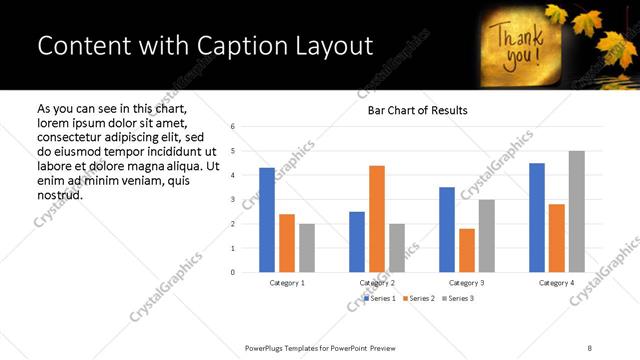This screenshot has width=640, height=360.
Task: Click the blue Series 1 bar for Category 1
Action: (267, 220)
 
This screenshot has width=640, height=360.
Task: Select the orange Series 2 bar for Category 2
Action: (377, 219)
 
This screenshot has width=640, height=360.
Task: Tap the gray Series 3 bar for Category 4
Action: (576, 212)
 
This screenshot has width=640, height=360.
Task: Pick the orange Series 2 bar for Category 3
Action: (467, 250)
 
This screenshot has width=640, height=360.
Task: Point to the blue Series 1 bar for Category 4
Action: (537, 218)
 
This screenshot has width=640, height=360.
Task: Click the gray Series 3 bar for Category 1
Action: (306, 248)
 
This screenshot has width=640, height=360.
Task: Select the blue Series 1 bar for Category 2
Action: (357, 242)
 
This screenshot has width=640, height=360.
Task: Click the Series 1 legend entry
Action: (382, 298)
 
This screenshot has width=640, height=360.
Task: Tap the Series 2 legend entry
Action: (420, 298)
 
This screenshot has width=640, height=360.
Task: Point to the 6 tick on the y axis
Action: (232, 127)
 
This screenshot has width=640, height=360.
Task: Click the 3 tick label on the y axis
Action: (232, 200)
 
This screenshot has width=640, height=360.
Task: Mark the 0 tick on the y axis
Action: (232, 272)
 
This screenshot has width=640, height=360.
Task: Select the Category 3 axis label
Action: (467, 283)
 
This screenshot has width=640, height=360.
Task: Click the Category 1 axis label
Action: (287, 283)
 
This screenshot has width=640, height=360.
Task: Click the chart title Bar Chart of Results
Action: (411, 110)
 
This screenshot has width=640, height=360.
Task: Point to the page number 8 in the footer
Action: (589, 347)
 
